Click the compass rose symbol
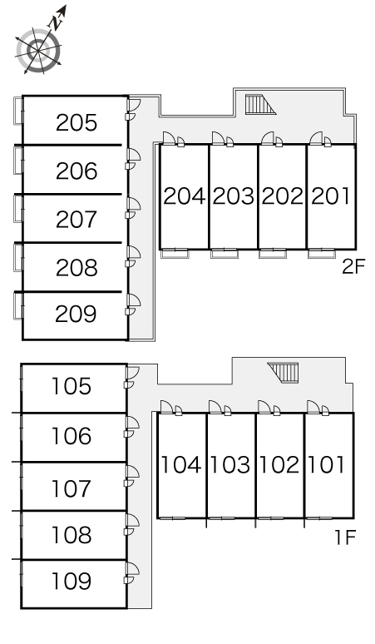point(39,50)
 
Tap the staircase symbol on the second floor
point(260,104)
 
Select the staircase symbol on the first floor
point(282,373)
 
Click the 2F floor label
point(353,267)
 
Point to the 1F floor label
point(344,537)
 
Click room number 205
point(76,123)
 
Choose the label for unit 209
point(76,315)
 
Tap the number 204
point(185,196)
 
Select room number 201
point(330,196)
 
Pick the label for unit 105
point(71,386)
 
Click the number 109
point(71,581)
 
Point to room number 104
point(181,465)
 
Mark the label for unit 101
point(326,465)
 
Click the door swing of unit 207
point(134,204)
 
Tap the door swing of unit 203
point(219,138)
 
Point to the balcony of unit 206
point(18,160)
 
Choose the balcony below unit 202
point(273,254)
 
